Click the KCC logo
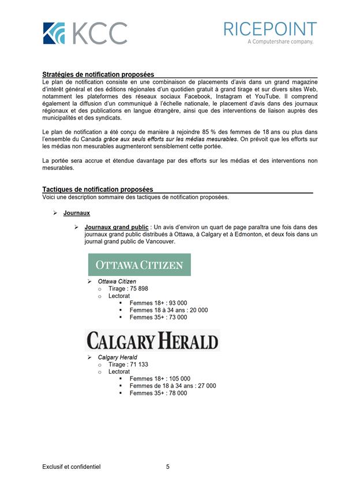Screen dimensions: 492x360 point(84,33)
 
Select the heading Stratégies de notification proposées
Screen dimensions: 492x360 point(98,74)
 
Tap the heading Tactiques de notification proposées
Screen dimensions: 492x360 point(97,189)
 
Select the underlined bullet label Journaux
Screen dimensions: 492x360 point(77,213)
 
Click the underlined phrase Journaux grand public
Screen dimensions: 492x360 point(116,228)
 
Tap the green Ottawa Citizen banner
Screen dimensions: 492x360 point(139,265)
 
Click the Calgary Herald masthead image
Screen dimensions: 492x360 point(152,340)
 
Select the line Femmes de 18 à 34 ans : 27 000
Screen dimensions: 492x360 point(172,386)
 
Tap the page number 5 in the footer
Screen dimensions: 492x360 point(168,467)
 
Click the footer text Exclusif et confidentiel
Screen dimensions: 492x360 point(71,467)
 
